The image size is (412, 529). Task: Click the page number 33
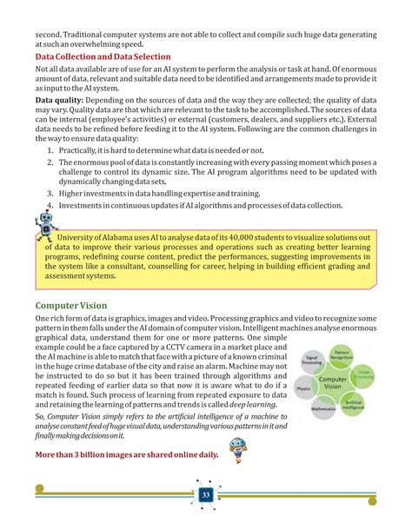click(x=206, y=494)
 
